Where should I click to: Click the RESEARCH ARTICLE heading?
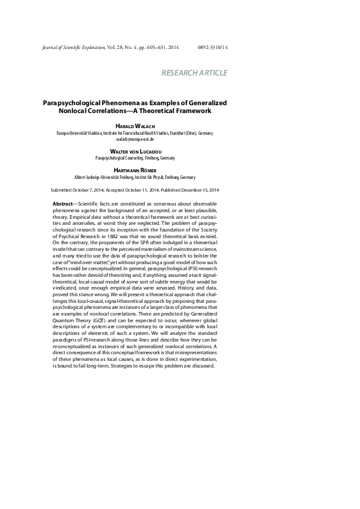tap(194, 73)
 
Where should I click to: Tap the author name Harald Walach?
tap(135, 125)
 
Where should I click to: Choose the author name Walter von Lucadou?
tap(135, 151)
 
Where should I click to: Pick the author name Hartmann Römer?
tap(135, 170)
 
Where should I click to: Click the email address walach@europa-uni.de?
tap(135, 138)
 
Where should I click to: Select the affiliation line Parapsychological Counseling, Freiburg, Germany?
tap(135, 158)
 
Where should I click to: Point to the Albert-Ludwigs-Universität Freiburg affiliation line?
tap(135, 177)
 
